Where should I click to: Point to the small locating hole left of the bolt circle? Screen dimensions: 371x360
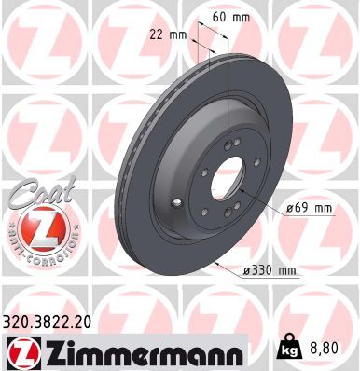(176, 201)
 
